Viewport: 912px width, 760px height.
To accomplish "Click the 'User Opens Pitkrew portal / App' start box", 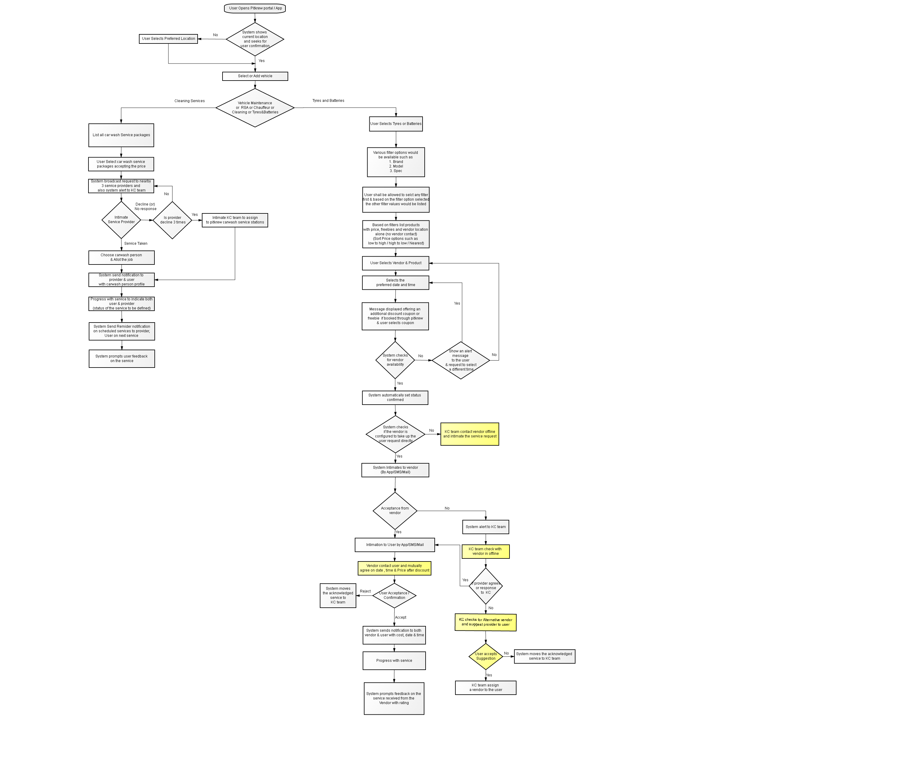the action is pos(255,8).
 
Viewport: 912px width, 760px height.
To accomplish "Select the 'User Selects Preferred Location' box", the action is pos(168,39).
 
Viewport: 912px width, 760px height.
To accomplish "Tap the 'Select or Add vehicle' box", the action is pos(255,76).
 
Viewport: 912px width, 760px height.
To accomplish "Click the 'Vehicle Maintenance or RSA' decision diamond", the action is pos(255,108).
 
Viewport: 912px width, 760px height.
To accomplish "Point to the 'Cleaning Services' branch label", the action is pos(189,101).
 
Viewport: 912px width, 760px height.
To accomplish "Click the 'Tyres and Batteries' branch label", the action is pos(328,100).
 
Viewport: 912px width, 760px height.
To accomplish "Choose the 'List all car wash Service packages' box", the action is pos(121,135).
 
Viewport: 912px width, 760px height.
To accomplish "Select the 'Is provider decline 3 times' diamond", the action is pos(172,220).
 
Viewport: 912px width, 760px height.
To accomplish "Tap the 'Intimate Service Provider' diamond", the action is pos(121,220).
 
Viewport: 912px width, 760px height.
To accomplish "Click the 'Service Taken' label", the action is pos(136,244).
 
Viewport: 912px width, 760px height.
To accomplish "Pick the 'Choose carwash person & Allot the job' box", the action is pos(122,257).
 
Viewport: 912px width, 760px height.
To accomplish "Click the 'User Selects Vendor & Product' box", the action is pos(396,263).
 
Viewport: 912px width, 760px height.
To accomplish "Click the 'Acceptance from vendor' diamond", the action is pos(395,511).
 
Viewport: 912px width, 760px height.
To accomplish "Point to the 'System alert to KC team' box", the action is pos(485,527).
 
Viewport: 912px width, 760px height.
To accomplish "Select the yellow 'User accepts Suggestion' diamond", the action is pos(485,656).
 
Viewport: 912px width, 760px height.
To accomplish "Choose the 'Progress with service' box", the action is pos(394,661).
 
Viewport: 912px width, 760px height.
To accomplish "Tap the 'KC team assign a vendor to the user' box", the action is pos(485,687).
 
